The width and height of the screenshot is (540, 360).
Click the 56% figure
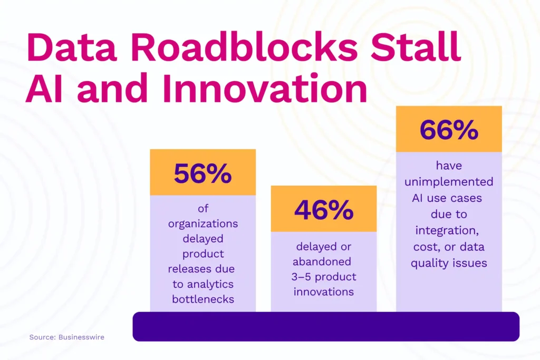pos(202,173)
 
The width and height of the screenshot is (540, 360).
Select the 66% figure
pos(449,130)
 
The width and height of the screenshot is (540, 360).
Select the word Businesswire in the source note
pos(81,337)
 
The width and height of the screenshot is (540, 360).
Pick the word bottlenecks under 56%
pos(202,299)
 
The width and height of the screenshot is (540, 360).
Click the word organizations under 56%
pos(202,223)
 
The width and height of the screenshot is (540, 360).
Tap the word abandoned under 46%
pos(323,261)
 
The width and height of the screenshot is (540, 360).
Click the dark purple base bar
pos(326,326)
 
